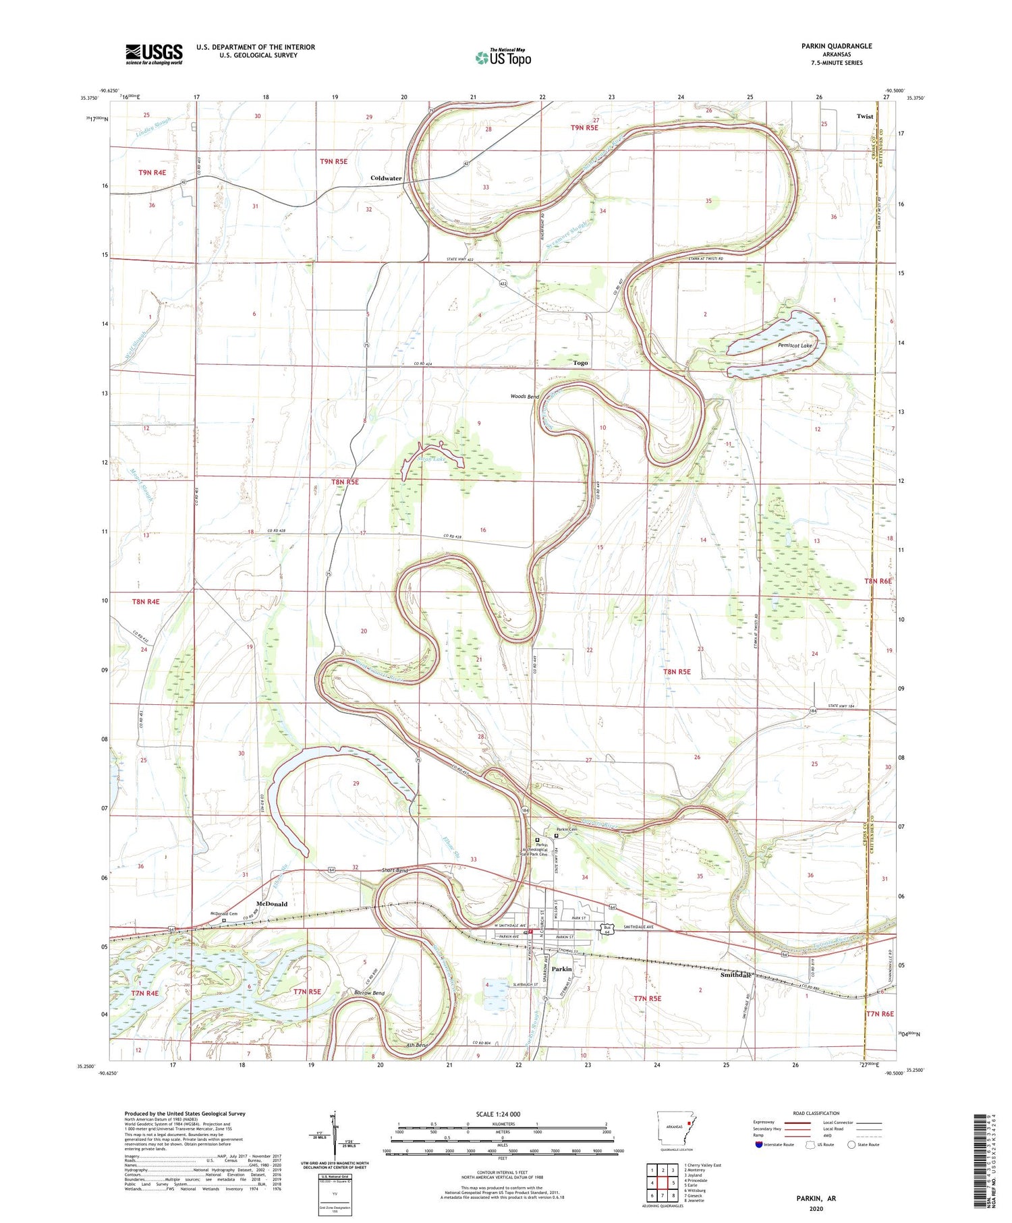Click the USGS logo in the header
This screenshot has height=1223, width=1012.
(x=154, y=54)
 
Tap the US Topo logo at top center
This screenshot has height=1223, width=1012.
(x=503, y=58)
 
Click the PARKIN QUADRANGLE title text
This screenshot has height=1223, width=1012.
(x=836, y=46)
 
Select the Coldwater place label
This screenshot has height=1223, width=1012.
(x=386, y=178)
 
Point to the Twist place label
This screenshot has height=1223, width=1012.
(x=864, y=116)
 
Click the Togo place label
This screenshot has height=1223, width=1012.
(x=580, y=363)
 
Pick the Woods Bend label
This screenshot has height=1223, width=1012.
(x=524, y=396)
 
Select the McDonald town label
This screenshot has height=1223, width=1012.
(x=272, y=904)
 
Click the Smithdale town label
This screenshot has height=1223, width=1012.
(x=735, y=975)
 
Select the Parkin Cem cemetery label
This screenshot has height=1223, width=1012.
(x=567, y=829)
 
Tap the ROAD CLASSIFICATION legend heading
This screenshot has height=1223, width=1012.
(x=816, y=1113)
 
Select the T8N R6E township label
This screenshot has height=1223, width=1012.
(x=878, y=581)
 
